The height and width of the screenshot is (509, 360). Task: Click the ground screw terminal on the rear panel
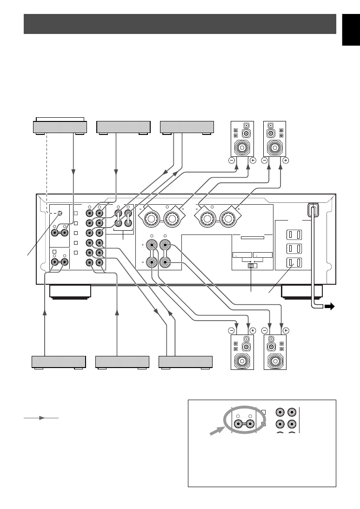60,214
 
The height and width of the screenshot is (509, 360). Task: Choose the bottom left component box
59,362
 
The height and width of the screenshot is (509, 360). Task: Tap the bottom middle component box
122,362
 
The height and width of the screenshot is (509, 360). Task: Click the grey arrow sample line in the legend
41,418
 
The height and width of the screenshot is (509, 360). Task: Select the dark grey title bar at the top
180,24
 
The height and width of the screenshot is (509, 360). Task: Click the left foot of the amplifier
70,292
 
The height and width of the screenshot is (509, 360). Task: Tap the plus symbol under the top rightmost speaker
286,160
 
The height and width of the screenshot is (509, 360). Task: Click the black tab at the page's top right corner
351,30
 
